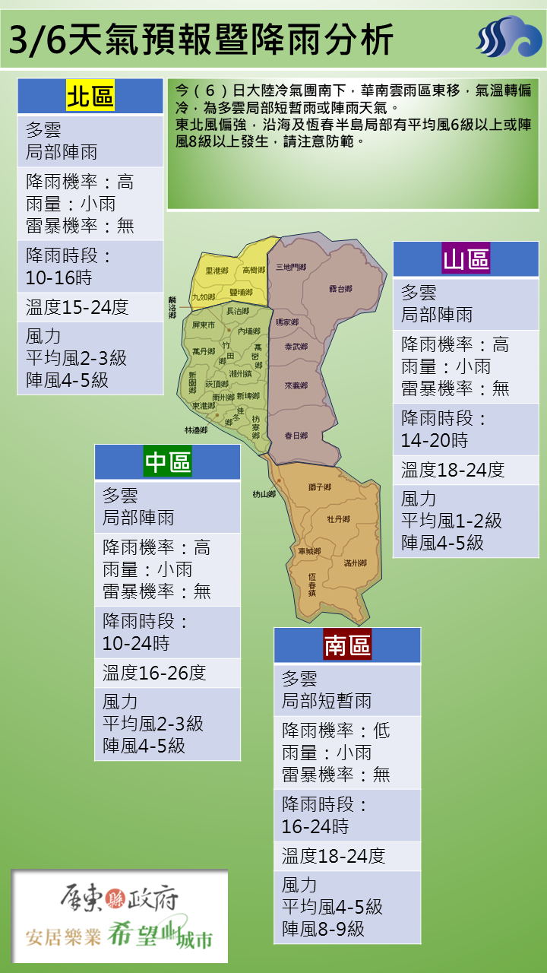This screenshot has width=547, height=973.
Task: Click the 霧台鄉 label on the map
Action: (x=340, y=289)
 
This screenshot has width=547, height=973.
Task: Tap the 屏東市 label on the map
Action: (x=204, y=325)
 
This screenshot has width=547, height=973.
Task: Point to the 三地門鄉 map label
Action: (x=290, y=267)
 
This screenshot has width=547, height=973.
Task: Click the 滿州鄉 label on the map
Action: (x=355, y=563)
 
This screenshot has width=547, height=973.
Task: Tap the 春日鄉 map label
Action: (x=296, y=436)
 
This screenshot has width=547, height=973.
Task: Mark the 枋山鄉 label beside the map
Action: (x=264, y=494)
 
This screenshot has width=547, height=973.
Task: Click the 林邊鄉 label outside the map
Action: (x=195, y=430)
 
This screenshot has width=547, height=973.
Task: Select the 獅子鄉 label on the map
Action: (x=320, y=486)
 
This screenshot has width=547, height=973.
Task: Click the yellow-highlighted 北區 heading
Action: (x=90, y=97)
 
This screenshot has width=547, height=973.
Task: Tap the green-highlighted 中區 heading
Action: (x=168, y=462)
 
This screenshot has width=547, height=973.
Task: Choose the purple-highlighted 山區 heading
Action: (x=466, y=259)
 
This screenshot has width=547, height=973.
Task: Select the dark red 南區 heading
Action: (x=347, y=645)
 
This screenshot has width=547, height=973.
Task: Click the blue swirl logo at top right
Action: (x=508, y=36)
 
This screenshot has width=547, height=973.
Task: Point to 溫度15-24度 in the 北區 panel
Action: (x=77, y=307)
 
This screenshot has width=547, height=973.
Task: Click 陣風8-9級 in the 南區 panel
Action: (x=323, y=928)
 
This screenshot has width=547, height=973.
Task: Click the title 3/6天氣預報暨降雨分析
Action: (x=201, y=37)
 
